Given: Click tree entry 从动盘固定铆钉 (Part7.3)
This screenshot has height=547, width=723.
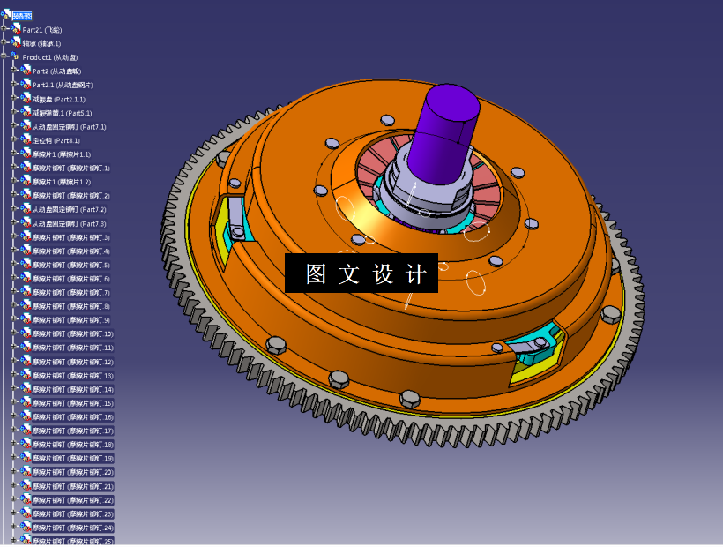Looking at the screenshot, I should [x=69, y=223].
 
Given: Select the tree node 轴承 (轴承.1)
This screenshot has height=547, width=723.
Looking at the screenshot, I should [x=42, y=43].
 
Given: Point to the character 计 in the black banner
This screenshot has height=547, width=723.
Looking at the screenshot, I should [x=416, y=273].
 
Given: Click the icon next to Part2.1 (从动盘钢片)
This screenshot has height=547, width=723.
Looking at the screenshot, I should [x=26, y=86].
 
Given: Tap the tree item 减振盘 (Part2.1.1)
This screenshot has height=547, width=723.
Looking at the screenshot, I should [x=58, y=99].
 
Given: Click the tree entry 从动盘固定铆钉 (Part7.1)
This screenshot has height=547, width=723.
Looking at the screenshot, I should [x=69, y=127].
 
